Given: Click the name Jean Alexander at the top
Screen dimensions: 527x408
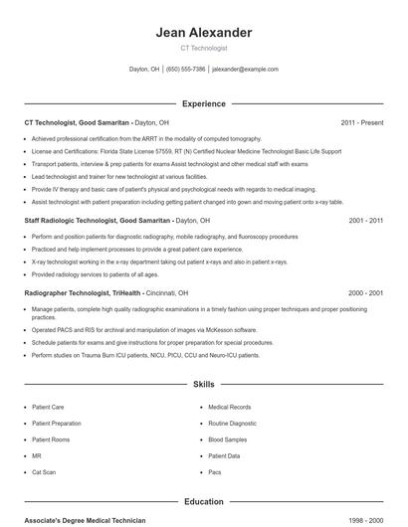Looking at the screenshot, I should point(204,33).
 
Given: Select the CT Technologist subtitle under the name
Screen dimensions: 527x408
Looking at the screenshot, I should point(204,48).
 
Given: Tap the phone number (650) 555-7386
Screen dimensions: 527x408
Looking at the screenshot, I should point(186,70).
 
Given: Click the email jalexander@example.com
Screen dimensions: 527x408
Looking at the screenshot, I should point(246,70).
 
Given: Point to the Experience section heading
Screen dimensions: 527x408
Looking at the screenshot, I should point(204,103).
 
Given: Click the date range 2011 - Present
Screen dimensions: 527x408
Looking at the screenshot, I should point(362,122).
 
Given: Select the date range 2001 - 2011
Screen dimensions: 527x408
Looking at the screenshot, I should point(366,220).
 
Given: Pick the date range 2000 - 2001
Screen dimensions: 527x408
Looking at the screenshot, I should point(366,293).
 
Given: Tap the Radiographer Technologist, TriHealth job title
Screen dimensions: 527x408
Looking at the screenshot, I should point(84,293).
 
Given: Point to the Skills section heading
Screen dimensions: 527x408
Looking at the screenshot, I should point(204,383).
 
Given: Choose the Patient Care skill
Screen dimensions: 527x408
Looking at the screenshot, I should point(48,408).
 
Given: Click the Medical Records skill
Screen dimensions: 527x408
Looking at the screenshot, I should point(229,408).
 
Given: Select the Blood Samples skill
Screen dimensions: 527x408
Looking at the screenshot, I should point(228,439).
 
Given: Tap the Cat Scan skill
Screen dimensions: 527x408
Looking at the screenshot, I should point(44,472).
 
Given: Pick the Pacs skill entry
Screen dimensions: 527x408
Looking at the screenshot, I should point(215,472).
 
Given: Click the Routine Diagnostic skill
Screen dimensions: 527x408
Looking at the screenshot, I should point(232,424).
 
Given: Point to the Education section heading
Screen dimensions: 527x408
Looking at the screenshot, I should point(204,502).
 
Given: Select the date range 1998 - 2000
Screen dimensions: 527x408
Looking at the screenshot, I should point(366,521).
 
